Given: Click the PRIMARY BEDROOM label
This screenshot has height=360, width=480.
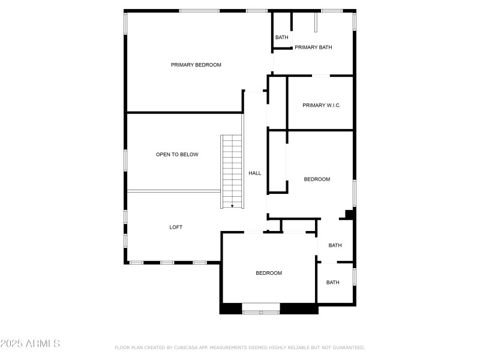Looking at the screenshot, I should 196,65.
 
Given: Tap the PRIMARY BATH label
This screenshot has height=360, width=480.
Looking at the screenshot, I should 313,47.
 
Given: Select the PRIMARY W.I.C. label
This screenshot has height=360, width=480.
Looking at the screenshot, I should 322,105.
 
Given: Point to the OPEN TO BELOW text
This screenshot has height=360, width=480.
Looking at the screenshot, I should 177,155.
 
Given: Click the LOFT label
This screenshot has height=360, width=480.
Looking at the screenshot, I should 176,227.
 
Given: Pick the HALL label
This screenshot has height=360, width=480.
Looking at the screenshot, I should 255,173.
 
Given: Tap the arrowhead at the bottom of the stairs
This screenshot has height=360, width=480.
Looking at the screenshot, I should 232,206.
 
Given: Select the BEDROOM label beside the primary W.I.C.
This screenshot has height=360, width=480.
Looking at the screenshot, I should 317,179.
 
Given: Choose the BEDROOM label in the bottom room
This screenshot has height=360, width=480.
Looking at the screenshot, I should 269,273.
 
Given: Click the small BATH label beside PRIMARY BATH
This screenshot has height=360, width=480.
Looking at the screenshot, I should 281,38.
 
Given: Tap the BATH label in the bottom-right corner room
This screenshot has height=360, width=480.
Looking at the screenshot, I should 332,283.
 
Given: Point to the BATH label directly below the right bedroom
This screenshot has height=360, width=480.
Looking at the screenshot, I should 335,245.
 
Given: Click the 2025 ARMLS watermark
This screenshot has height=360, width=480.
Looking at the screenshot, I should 30,344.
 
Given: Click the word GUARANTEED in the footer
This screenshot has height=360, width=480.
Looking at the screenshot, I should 347,347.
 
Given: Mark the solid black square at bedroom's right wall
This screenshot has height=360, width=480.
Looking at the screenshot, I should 350,214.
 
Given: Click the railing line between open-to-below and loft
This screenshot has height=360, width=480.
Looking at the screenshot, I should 174,191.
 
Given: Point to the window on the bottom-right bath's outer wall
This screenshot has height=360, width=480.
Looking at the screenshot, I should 355,276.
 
